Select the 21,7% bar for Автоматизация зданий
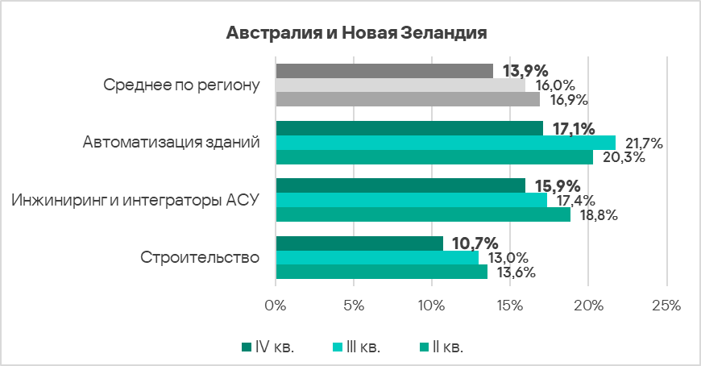(x=445, y=143)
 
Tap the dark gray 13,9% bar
(x=384, y=71)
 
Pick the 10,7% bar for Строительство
(x=359, y=243)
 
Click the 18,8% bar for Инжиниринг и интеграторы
(x=422, y=214)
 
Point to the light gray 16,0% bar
(x=400, y=85)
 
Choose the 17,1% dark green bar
(x=409, y=128)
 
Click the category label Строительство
(x=200, y=258)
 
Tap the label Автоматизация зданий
(x=171, y=143)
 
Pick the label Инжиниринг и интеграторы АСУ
(x=135, y=201)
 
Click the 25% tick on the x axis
(x=666, y=306)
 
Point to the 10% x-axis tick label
(x=431, y=306)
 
